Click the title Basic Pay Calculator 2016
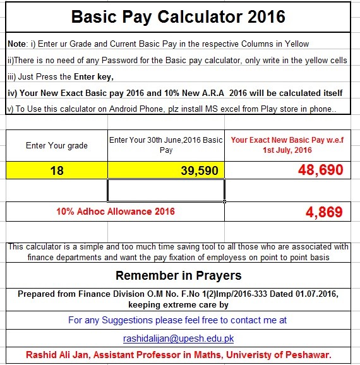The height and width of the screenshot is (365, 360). pyautogui.click(x=178, y=16)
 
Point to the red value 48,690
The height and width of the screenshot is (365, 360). pyautogui.click(x=316, y=170)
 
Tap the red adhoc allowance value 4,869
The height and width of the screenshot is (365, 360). pyautogui.click(x=323, y=212)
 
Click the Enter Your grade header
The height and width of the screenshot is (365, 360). pyautogui.click(x=56, y=145)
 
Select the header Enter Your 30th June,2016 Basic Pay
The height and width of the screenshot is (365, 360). pyautogui.click(x=165, y=145)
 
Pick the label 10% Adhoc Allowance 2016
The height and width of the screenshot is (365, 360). pyautogui.click(x=116, y=212)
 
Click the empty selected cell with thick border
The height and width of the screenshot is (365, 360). pyautogui.click(x=166, y=190)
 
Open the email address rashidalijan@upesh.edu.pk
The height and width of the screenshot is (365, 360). pyautogui.click(x=179, y=338)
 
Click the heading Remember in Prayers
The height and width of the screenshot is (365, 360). pyautogui.click(x=178, y=276)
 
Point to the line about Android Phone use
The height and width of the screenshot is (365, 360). pyautogui.click(x=169, y=109)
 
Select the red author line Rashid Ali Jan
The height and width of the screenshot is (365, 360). pyautogui.click(x=179, y=355)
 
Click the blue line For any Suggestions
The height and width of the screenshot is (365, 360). pyautogui.click(x=177, y=321)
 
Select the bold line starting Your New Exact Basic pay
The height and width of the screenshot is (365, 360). pyautogui.click(x=174, y=93)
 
